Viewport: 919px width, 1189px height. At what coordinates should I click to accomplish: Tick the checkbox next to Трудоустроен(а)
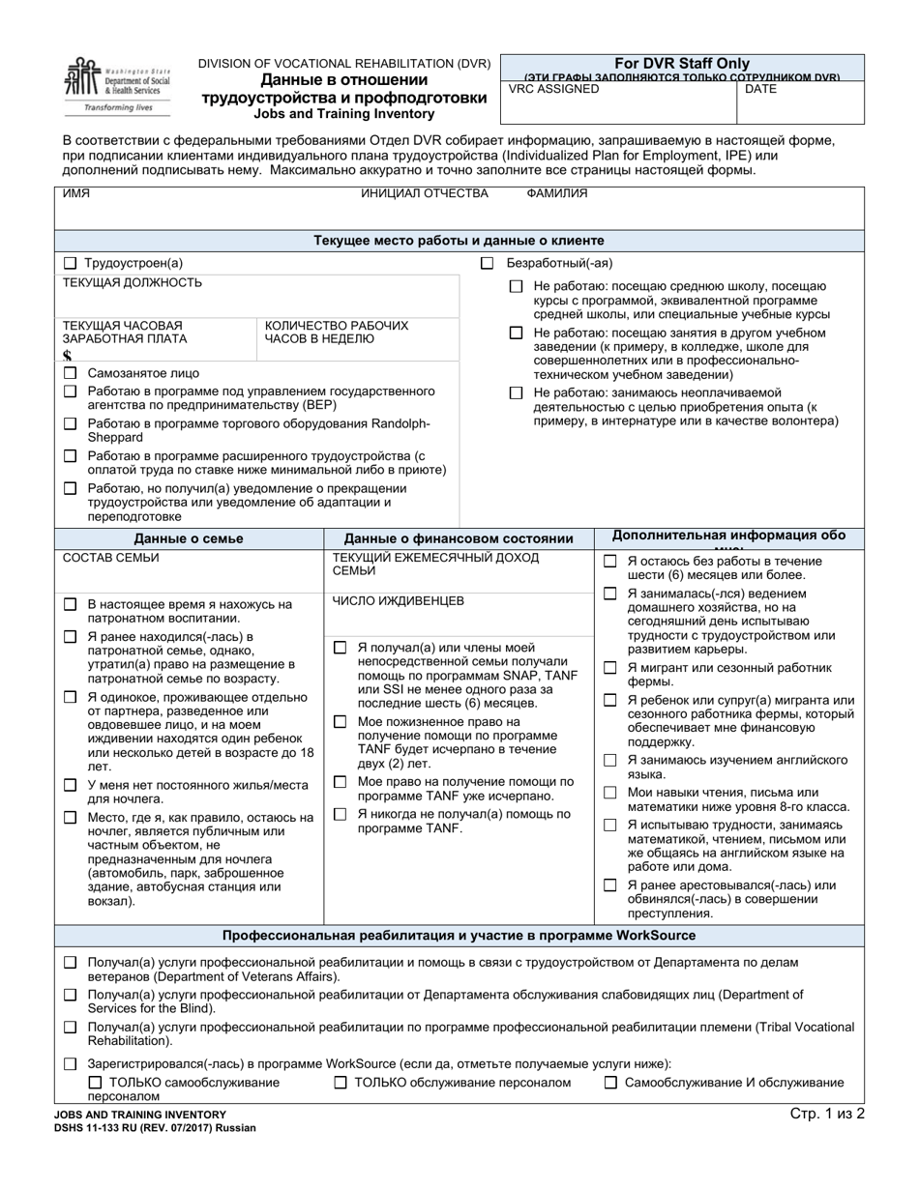coord(70,263)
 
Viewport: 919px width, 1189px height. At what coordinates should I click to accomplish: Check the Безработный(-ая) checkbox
coord(488,263)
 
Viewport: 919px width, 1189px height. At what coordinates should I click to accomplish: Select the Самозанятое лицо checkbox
coord(70,373)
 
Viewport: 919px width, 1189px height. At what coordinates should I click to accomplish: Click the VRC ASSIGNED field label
coord(553,89)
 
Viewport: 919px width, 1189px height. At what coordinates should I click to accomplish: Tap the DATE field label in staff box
coord(760,89)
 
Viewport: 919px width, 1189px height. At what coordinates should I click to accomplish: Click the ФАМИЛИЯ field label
coord(556,193)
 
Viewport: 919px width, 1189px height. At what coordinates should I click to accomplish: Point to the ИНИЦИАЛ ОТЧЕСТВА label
coord(425,193)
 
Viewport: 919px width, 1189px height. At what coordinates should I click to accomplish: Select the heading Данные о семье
coord(189,538)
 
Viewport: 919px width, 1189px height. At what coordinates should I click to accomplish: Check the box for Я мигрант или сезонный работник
coord(609,668)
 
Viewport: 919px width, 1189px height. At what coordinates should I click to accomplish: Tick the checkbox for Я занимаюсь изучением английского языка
coord(609,760)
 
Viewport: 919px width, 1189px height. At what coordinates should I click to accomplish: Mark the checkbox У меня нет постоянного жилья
coord(70,785)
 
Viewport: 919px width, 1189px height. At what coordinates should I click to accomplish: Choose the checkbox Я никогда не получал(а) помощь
coord(340,814)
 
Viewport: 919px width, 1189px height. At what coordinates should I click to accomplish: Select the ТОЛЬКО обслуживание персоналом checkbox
coord(341,1083)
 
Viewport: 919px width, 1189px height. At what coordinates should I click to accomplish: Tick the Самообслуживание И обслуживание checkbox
coord(610,1083)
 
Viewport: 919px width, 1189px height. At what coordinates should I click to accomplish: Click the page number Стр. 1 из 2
coord(826,1114)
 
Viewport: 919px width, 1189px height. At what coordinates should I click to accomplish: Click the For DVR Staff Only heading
coord(682,64)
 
